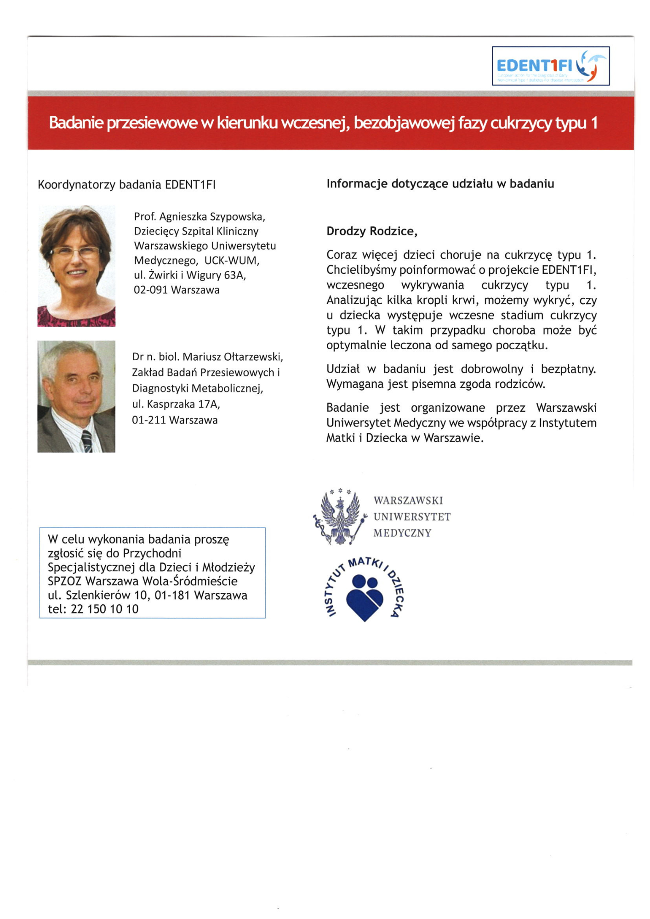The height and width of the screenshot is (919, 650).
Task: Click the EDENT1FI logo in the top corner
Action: click(550, 66)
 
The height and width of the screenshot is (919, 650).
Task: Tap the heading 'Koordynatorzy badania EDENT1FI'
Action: click(126, 185)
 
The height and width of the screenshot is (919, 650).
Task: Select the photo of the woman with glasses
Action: click(76, 266)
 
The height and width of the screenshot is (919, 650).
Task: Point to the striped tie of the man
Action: click(86, 441)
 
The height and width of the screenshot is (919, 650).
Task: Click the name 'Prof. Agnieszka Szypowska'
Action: click(200, 216)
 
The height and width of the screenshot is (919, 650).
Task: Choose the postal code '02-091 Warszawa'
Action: click(177, 290)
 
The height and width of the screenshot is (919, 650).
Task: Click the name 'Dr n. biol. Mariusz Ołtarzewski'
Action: click(207, 357)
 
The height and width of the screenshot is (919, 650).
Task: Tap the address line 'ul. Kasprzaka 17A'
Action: click(176, 404)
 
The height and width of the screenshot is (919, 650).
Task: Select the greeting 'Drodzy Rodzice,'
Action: click(371, 231)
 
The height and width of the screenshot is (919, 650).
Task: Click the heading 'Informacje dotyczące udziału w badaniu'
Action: click(440, 184)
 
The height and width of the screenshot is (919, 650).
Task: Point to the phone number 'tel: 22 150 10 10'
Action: click(93, 609)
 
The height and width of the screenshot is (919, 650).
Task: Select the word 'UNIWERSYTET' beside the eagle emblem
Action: click(412, 517)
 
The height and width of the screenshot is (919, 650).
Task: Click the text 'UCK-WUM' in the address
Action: click(232, 261)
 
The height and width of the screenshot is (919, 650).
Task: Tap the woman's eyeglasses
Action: click(76, 252)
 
